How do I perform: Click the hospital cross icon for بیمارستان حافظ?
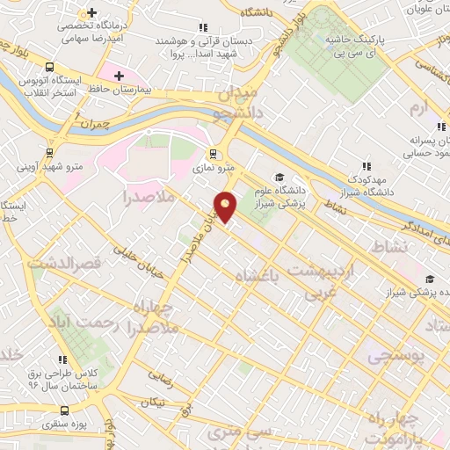coord(106,76)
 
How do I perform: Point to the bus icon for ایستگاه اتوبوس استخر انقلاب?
coord(48,67)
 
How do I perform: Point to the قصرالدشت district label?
coord(65,262)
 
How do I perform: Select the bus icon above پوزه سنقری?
coord(63,410)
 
